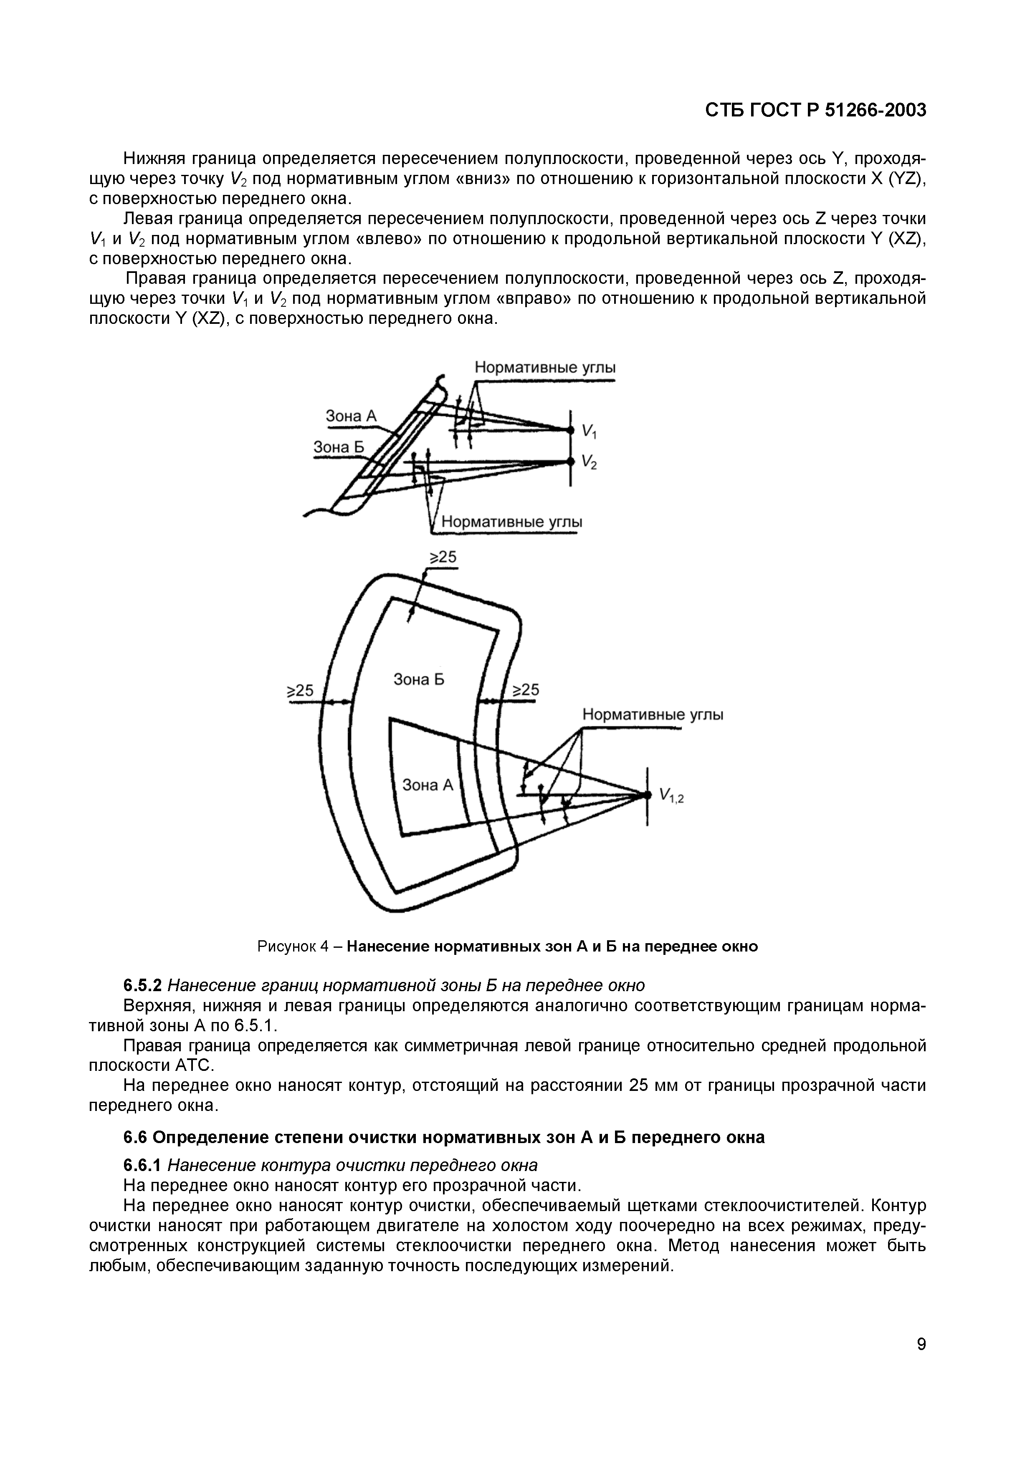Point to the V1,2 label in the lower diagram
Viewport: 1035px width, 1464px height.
(671, 796)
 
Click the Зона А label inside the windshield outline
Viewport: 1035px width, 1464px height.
(427, 785)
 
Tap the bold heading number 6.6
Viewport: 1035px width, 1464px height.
(135, 1137)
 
